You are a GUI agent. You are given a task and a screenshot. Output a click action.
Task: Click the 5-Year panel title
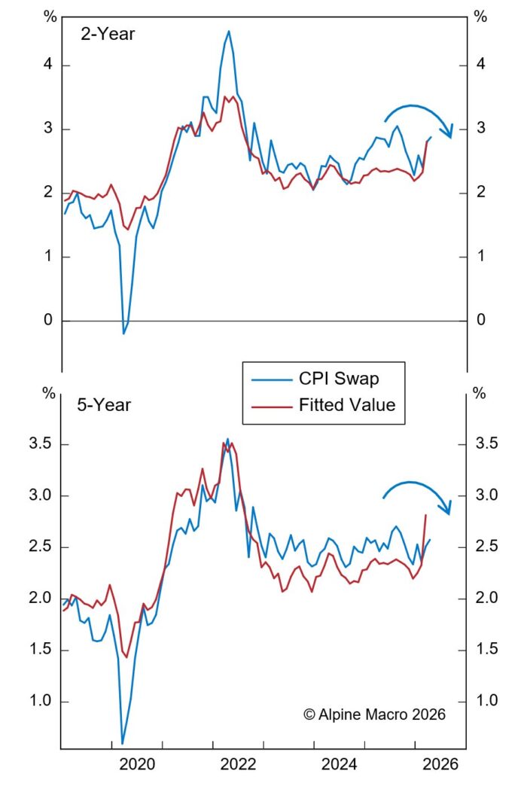(x=104, y=405)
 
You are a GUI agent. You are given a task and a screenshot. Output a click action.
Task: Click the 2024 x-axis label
(x=341, y=765)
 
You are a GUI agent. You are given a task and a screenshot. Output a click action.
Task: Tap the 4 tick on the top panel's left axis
(x=47, y=65)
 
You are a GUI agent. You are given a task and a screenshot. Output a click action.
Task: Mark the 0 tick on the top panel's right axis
(x=480, y=321)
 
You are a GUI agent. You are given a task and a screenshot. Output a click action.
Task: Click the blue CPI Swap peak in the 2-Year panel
(x=228, y=31)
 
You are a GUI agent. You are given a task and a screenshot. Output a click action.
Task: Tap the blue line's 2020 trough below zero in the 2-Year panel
(x=124, y=333)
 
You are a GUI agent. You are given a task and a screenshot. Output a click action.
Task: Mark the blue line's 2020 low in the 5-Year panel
(x=123, y=743)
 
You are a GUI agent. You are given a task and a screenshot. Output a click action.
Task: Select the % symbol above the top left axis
(x=50, y=17)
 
